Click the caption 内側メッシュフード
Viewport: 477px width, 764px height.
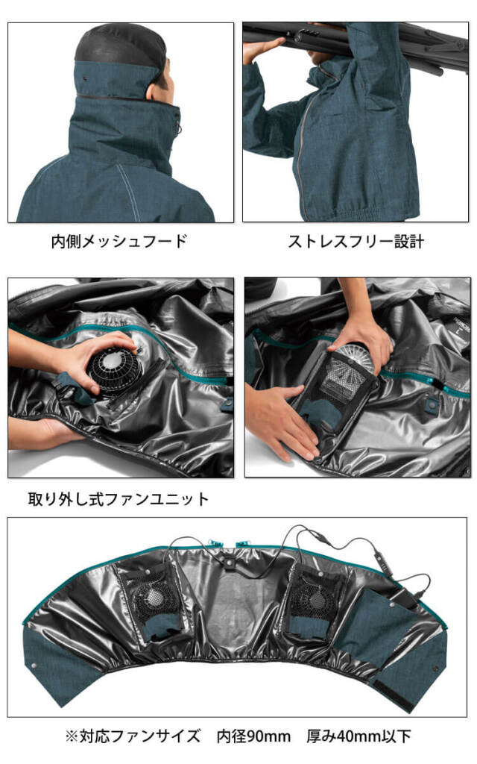tap(119, 241)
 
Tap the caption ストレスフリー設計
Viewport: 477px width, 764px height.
tap(356, 241)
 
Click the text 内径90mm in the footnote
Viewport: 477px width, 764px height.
tap(253, 736)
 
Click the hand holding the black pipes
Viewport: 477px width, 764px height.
tap(263, 48)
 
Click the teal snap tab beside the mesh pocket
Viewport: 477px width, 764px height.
tap(430, 404)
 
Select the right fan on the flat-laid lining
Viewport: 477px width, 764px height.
tap(313, 599)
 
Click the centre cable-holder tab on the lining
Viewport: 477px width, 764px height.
tap(229, 561)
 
